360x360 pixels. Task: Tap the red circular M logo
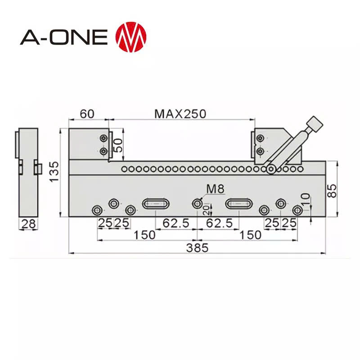131,36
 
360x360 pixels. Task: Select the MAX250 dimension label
180,113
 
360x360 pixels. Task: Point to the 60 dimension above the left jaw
87,113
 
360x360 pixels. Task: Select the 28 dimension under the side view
28,224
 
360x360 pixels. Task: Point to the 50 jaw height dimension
118,145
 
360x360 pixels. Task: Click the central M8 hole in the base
197,204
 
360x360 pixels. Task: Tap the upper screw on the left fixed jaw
104,138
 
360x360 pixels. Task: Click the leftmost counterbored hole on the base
97,210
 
